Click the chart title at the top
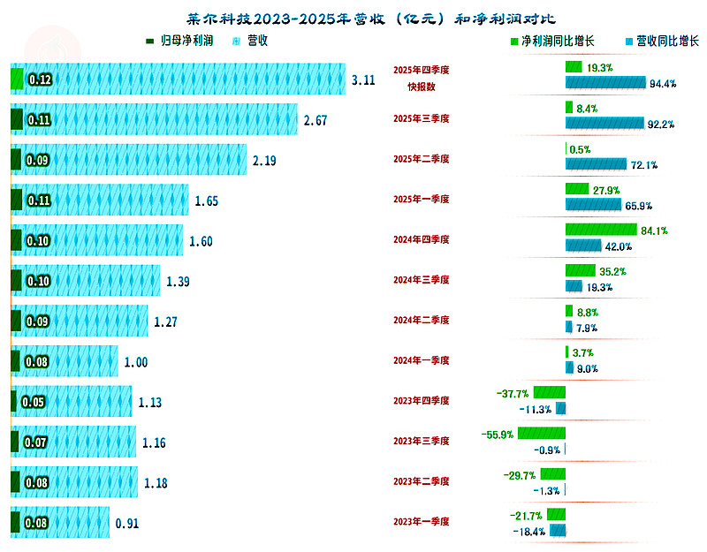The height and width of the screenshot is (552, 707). point(353,19)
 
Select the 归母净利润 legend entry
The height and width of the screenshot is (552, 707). point(180,41)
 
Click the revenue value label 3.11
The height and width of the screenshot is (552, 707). point(363,79)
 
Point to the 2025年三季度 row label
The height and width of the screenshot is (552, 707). point(422,118)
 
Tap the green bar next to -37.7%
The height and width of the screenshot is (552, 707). point(550,393)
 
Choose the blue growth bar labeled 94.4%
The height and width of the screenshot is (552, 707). point(604,83)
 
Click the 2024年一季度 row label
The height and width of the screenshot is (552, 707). point(422,360)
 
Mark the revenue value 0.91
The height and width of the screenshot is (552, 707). point(127,523)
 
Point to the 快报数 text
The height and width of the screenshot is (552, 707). point(422,87)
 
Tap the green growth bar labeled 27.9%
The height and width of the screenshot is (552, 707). point(576,190)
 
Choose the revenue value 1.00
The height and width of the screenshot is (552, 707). point(135,361)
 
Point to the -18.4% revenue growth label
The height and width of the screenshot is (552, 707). point(529,532)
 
